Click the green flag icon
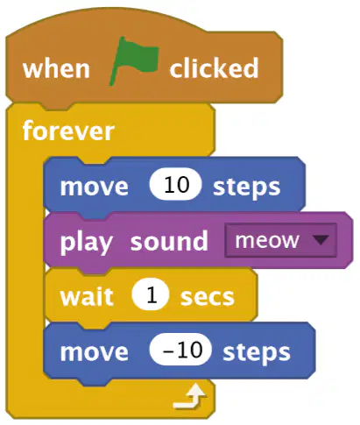click(134, 60)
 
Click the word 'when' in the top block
click(56, 68)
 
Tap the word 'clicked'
click(214, 67)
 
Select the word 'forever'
click(68, 131)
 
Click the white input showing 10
click(175, 185)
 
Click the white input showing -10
click(180, 350)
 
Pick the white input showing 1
click(151, 295)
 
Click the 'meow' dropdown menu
click(280, 240)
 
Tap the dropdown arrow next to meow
click(321, 240)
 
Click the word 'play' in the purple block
click(86, 243)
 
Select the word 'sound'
click(169, 241)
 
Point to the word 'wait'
click(87, 296)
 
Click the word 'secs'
click(208, 298)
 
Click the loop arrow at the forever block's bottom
click(190, 397)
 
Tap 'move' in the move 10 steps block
click(94, 187)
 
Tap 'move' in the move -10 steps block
click(94, 352)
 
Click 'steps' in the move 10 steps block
click(247, 188)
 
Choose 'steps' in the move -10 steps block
click(257, 352)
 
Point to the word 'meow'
click(267, 241)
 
